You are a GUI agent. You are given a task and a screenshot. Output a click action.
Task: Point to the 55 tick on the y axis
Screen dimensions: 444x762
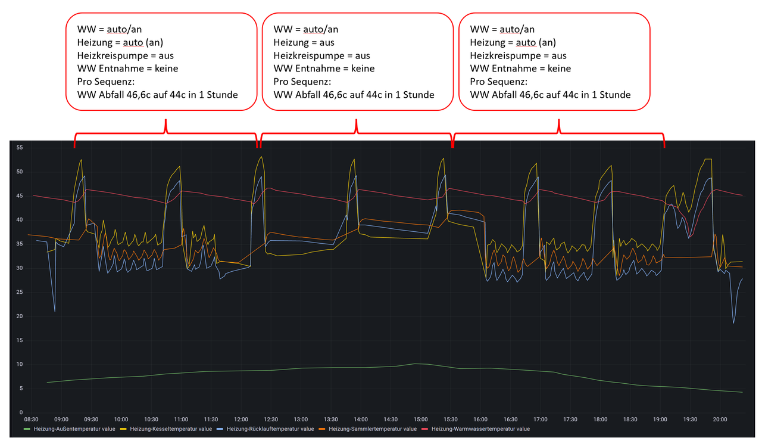[20, 147]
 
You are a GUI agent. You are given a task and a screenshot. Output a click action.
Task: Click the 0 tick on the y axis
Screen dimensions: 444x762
[21, 412]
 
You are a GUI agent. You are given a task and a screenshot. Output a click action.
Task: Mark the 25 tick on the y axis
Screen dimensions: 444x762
[20, 292]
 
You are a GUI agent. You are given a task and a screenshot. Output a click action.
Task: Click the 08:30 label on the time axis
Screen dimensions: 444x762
[31, 420]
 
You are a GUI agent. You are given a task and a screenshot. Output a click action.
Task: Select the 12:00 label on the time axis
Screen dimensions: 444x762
[241, 420]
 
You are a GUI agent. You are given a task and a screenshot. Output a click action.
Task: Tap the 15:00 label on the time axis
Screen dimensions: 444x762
[420, 420]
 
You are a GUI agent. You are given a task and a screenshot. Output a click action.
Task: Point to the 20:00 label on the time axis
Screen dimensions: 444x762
[720, 420]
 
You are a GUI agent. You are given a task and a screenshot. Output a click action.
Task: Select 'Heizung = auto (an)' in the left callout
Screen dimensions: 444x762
[120, 42]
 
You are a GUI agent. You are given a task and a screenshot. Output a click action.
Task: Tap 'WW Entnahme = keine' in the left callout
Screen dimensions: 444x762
[127, 69]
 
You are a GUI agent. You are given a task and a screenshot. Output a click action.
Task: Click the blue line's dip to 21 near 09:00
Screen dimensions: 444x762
[55, 311]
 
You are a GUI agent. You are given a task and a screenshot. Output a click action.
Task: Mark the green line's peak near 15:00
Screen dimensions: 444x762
[416, 364]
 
